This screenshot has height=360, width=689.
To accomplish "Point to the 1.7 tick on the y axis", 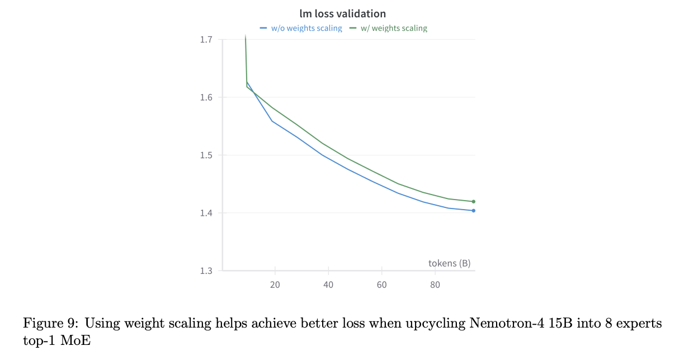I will [x=206, y=40].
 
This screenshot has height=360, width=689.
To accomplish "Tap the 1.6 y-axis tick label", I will [x=206, y=97].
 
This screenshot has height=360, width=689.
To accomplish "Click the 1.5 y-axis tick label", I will [x=206, y=155].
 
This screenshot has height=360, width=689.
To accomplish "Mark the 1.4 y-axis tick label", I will [x=206, y=213].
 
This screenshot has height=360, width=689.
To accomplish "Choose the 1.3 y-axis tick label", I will [x=206, y=271].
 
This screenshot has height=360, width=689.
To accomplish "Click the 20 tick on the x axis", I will [x=275, y=285].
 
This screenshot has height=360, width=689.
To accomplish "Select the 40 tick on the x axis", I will [x=328, y=285].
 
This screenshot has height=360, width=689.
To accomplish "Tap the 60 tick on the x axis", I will [x=381, y=285].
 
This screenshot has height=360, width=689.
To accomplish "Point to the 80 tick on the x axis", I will [x=435, y=285].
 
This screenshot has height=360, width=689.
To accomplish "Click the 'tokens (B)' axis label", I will [x=449, y=263].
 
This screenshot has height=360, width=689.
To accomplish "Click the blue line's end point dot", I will [x=474, y=211].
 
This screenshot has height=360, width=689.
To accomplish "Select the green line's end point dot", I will [x=474, y=201].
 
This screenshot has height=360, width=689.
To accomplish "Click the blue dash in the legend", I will [x=263, y=28].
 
